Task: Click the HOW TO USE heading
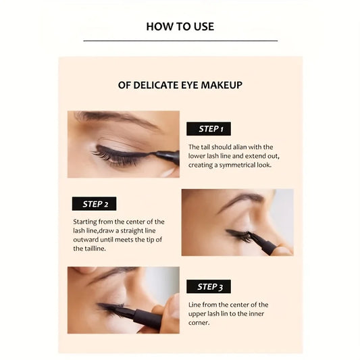[x=180, y=26]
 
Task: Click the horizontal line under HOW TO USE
[x=180, y=41]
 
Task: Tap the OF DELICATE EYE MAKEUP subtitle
[x=180, y=85]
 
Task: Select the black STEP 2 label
[x=95, y=203]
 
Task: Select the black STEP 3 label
[x=209, y=286]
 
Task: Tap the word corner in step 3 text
[x=199, y=322]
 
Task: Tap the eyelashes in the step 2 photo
[x=238, y=234]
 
